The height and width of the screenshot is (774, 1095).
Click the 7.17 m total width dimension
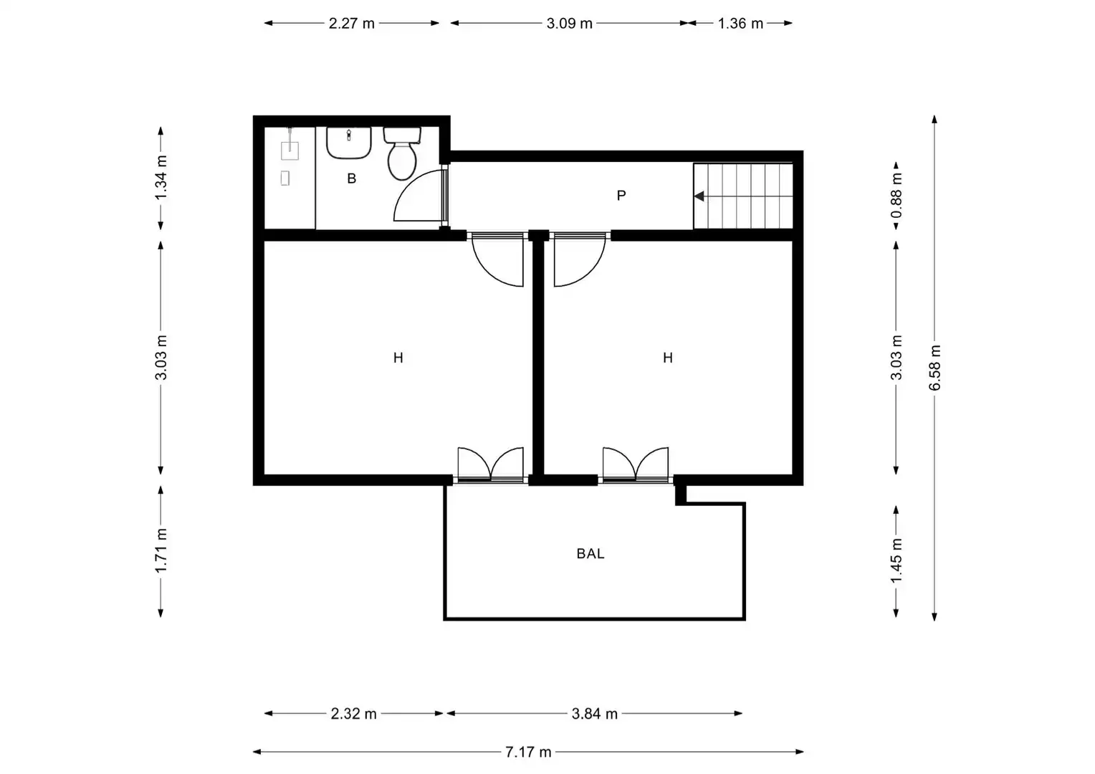click(x=528, y=752)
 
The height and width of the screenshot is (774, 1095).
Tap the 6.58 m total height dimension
click(x=934, y=368)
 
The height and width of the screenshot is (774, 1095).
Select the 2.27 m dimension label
click(x=351, y=24)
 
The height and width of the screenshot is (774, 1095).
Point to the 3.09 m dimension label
click(x=570, y=24)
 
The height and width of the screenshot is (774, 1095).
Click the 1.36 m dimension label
click(x=740, y=24)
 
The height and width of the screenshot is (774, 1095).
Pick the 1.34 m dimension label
click(x=161, y=178)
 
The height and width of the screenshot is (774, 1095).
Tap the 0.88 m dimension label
click(x=896, y=196)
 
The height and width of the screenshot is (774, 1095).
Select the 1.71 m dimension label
click(x=161, y=550)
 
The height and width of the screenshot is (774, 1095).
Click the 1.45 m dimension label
click(x=896, y=561)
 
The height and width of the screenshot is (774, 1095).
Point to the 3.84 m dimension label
click(x=594, y=714)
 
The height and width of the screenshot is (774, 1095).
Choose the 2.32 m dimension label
click(x=353, y=714)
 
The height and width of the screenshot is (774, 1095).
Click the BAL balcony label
click(x=590, y=553)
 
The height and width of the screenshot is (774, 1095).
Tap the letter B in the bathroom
click(x=351, y=179)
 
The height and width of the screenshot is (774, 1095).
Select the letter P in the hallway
click(x=621, y=196)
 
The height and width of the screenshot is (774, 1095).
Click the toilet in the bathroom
click(x=402, y=153)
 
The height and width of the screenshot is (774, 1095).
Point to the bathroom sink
click(x=348, y=143)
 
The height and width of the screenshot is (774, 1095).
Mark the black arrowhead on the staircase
click(x=699, y=196)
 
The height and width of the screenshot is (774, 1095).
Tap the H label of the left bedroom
click(x=398, y=358)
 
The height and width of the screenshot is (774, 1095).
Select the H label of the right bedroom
click(x=668, y=358)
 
